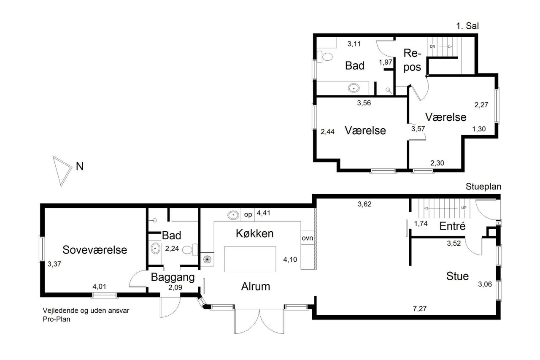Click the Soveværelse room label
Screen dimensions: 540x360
[x=95, y=250]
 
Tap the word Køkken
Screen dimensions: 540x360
[x=254, y=233]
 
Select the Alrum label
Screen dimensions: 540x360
[x=256, y=287]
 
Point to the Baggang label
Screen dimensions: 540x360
[x=173, y=278]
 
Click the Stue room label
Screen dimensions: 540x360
[x=457, y=276]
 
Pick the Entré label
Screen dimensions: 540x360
[x=452, y=226]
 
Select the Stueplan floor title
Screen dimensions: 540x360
[x=483, y=187]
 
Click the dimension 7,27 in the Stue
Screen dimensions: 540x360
[x=420, y=309]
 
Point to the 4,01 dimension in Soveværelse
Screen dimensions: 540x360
[x=99, y=287]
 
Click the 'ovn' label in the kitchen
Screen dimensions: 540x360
[x=308, y=238]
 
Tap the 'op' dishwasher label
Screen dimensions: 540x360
[x=248, y=214]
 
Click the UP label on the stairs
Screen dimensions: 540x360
[x=464, y=208]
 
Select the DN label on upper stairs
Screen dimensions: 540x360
[x=432, y=46]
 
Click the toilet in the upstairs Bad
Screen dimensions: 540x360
[x=324, y=57]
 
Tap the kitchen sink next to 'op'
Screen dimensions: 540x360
[x=233, y=215]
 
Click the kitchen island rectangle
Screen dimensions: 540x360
[x=250, y=259]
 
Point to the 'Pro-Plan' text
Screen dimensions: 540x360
[x=57, y=319]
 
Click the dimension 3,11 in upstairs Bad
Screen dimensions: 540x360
[x=354, y=44]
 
